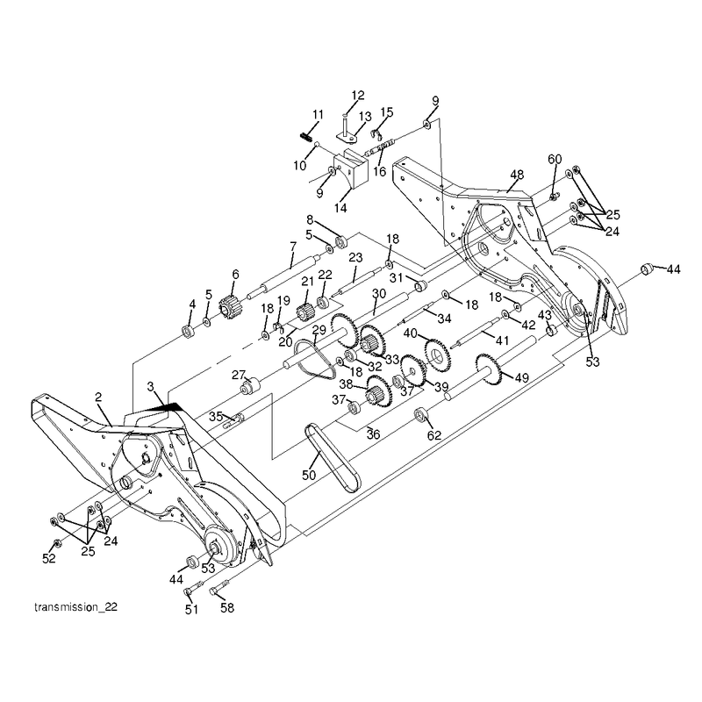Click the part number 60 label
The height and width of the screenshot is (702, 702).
555,160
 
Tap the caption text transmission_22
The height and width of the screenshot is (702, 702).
75,607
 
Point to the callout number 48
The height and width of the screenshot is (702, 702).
517,175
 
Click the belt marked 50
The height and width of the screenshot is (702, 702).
333,457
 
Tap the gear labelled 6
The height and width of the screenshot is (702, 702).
230,304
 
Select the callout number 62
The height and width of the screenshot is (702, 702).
434,435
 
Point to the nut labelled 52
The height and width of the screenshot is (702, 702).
57,542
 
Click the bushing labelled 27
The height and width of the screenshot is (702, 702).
251,385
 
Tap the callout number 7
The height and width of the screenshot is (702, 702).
293,247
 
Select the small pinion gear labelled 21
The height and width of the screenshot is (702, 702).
305,312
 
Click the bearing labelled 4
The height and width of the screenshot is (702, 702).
188,332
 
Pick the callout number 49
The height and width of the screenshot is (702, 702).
521,378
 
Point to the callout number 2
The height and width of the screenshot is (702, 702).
98,398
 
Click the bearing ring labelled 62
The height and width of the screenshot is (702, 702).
420,414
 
